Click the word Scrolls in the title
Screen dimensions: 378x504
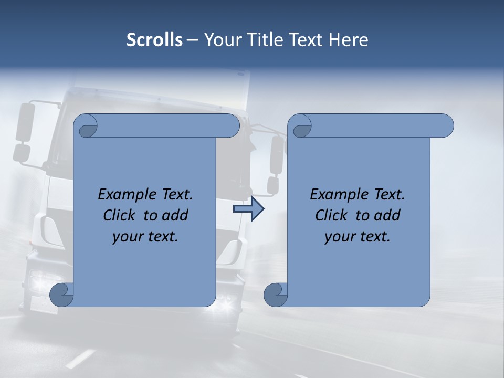tap(154, 40)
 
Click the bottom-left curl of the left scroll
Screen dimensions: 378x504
tap(62, 295)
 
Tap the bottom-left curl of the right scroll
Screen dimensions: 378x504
tap(276, 295)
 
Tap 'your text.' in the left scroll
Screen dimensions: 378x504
tap(145, 237)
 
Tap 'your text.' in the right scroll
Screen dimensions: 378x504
tap(357, 237)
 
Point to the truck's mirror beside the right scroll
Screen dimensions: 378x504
tap(277, 154)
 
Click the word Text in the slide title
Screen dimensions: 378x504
tap(306, 40)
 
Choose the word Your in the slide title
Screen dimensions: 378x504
tap(221, 40)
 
